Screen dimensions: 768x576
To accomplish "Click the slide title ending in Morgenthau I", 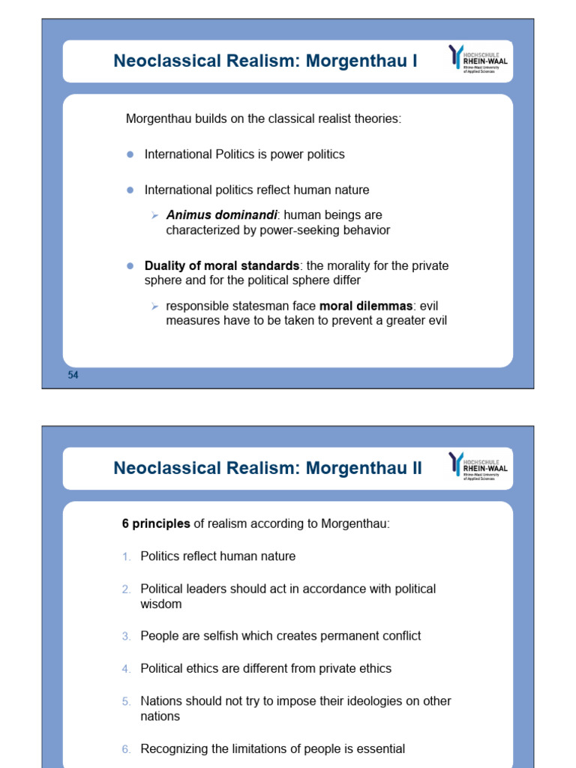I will coord(265,61).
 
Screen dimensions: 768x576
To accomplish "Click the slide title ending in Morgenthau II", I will coord(267,469).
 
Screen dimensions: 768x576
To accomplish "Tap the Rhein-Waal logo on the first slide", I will coord(478,59).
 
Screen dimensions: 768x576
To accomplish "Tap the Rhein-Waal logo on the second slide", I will coord(478,466).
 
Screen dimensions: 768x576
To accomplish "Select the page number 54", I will coord(73,376).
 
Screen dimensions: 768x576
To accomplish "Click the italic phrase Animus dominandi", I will coord(221,215).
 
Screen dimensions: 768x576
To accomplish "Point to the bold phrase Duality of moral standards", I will coord(221,266).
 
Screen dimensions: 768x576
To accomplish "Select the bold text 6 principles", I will coord(156,523).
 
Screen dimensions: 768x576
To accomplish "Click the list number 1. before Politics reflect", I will coord(126,556).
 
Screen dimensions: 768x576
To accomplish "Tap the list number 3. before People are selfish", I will coord(126,636).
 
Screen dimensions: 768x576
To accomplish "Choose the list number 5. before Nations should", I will coord(126,702).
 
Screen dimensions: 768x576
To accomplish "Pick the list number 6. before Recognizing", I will coord(126,749).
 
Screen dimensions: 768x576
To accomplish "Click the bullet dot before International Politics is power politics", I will coord(129,154).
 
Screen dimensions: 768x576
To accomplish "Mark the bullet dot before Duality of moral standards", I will coord(129,266).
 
